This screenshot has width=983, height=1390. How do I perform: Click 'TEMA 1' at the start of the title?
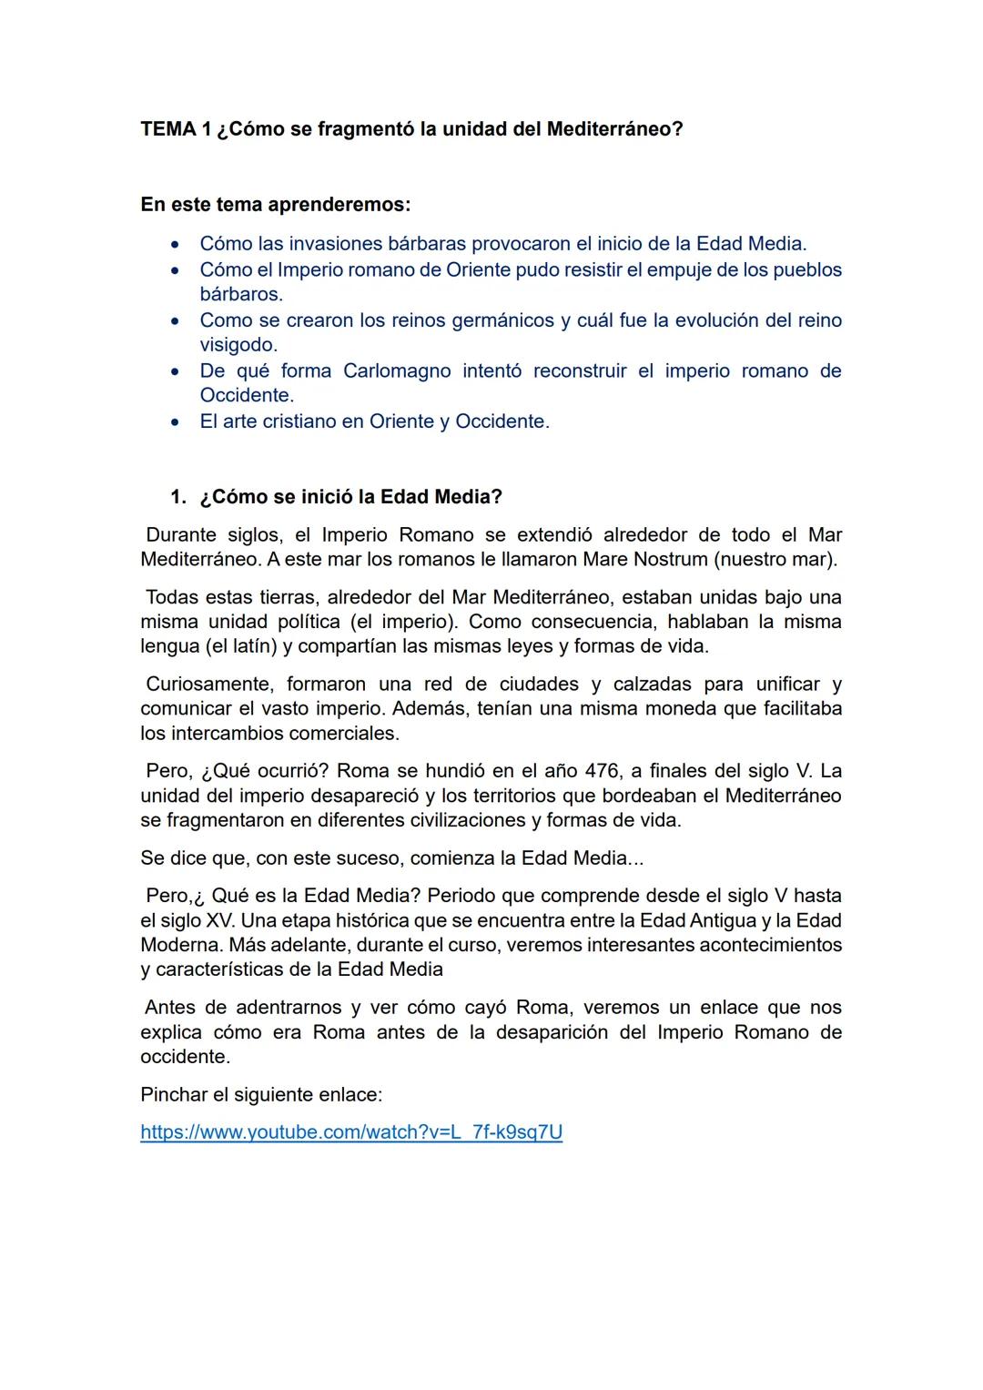[x=168, y=129]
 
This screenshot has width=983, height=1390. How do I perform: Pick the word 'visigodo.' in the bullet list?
[x=238, y=345]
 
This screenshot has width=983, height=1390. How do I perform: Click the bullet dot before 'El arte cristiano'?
[x=175, y=422]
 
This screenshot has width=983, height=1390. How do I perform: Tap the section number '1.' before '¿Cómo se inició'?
[x=178, y=497]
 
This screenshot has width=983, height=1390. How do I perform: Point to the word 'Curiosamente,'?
[x=208, y=684]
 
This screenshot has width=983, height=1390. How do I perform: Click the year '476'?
[x=602, y=771]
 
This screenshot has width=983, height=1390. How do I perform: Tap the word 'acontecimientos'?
[x=770, y=945]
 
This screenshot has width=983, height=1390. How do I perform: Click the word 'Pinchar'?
[x=174, y=1094]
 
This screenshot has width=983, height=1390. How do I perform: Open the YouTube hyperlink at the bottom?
[x=351, y=1132]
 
